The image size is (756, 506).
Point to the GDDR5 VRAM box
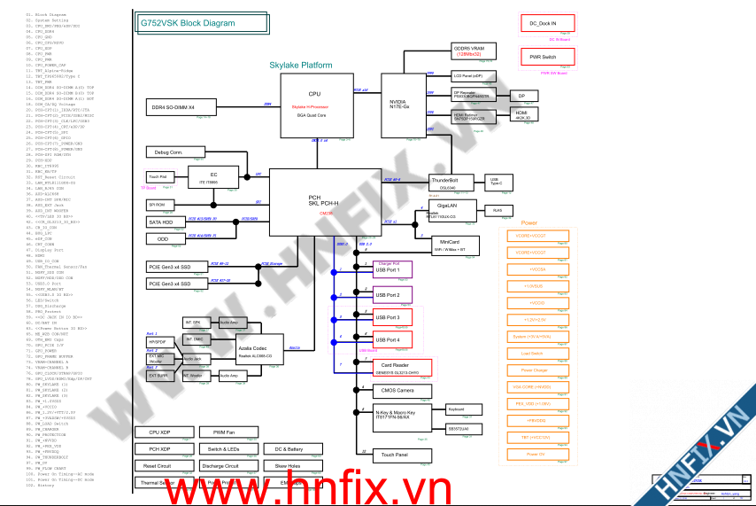(x=474, y=51)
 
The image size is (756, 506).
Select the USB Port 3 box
(x=397, y=317)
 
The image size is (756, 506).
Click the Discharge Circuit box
(x=220, y=466)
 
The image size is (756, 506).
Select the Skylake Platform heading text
(x=301, y=66)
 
